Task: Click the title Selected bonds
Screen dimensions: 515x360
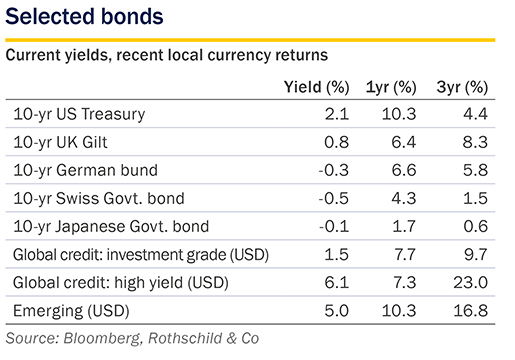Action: (84, 16)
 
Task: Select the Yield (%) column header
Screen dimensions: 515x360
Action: (316, 87)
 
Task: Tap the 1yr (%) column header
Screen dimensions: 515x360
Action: (391, 87)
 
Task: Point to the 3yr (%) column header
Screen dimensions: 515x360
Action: (462, 87)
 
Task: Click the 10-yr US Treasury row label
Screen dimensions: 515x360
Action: (79, 114)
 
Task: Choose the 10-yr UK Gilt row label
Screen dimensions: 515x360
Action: (60, 142)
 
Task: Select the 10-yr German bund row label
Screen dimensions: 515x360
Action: (85, 170)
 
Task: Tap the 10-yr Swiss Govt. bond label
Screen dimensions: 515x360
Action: (99, 198)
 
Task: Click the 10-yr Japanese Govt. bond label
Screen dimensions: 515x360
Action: (111, 227)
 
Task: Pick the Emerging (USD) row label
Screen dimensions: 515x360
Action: (71, 311)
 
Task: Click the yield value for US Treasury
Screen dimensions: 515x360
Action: (337, 114)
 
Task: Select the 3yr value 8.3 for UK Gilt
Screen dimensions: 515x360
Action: (475, 142)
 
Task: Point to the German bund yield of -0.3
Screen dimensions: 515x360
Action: (334, 170)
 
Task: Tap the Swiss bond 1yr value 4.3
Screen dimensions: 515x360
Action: (404, 198)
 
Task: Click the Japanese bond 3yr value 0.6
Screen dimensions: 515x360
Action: (475, 227)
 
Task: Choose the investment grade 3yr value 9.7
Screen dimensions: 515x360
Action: (475, 255)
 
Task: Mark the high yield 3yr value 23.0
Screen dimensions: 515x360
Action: (471, 283)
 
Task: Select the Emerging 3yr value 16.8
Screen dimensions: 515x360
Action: (471, 311)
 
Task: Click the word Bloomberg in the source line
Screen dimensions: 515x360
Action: (102, 338)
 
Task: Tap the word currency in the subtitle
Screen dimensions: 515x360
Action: (239, 55)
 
